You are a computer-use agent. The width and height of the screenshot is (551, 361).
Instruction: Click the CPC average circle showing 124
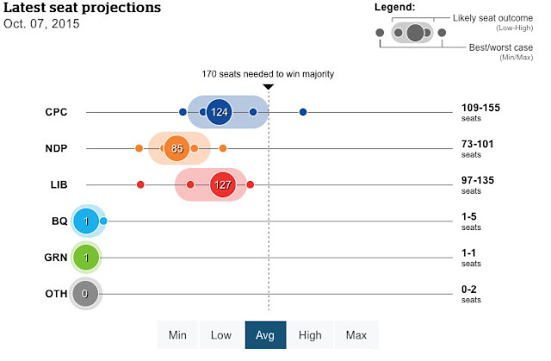tap(220, 112)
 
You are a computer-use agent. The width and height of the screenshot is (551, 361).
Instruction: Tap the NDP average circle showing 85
tap(176, 149)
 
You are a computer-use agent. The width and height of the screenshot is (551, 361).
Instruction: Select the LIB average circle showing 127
tap(221, 184)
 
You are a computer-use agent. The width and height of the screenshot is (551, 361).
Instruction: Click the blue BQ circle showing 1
tap(86, 221)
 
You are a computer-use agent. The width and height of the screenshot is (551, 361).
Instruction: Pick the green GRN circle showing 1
tap(86, 258)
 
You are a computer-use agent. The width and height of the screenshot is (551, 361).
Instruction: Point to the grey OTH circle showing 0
tap(85, 294)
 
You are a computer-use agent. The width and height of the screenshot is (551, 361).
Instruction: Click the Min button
tap(178, 335)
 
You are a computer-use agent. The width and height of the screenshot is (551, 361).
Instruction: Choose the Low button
tap(222, 335)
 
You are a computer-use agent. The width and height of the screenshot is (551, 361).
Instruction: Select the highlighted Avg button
tap(266, 335)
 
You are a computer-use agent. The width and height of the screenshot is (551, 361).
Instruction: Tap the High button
tap(310, 335)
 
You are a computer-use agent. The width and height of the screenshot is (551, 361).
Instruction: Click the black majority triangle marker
tap(269, 87)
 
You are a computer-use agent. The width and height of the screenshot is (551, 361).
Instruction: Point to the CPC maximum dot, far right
tap(303, 112)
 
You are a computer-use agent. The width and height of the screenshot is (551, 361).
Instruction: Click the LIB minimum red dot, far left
tap(140, 184)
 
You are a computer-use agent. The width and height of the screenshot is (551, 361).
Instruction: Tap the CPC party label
tap(56, 112)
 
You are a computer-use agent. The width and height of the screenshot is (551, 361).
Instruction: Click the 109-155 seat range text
tap(480, 108)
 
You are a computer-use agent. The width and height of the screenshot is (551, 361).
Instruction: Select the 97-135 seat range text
tap(480, 181)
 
